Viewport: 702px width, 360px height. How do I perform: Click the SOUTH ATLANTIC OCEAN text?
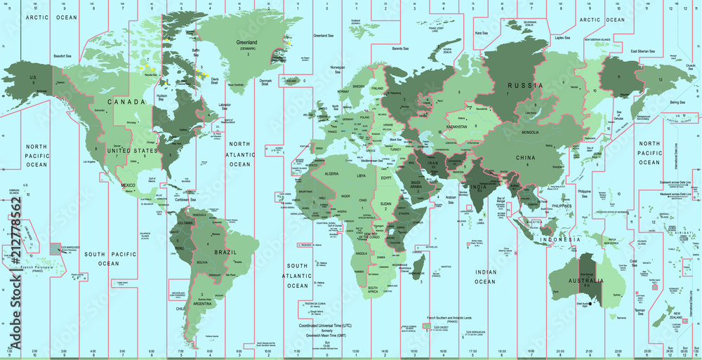tap(298, 276)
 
